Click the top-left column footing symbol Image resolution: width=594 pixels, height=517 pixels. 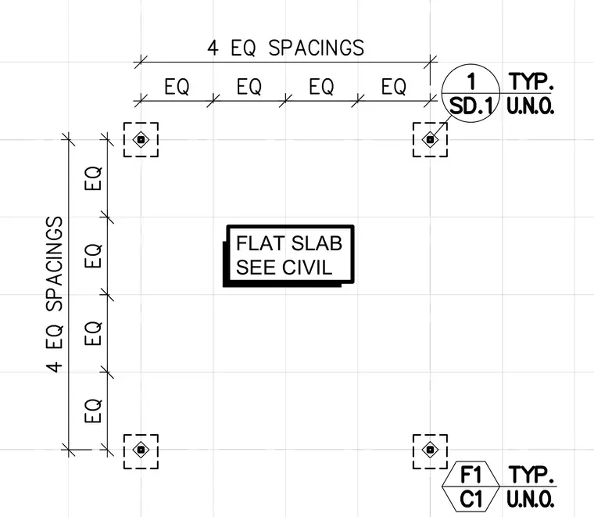click(141, 139)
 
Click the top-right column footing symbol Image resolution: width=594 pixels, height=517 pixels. click(430, 139)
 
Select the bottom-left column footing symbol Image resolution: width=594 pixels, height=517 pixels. click(141, 450)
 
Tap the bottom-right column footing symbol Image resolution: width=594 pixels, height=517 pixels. click(430, 450)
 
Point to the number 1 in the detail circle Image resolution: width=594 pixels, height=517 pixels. click(471, 81)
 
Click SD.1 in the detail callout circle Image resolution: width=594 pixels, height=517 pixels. click(471, 106)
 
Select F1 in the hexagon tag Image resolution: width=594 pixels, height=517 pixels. click(471, 475)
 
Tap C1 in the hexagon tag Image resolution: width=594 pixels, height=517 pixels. click(471, 499)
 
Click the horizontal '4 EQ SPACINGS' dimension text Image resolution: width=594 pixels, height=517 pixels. click(285, 48)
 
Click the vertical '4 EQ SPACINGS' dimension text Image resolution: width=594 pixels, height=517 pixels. click(55, 294)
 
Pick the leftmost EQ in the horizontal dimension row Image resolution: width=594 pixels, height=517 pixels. click(177, 86)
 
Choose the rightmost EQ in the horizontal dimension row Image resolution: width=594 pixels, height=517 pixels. click(394, 86)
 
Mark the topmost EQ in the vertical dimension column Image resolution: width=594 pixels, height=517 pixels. click(93, 178)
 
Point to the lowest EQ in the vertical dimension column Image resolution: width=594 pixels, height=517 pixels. click(93, 411)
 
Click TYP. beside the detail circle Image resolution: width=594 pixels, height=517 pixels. click(531, 81)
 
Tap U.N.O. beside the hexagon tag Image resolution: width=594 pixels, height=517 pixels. click(531, 499)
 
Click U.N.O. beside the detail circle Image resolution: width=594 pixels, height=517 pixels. click(531, 106)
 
